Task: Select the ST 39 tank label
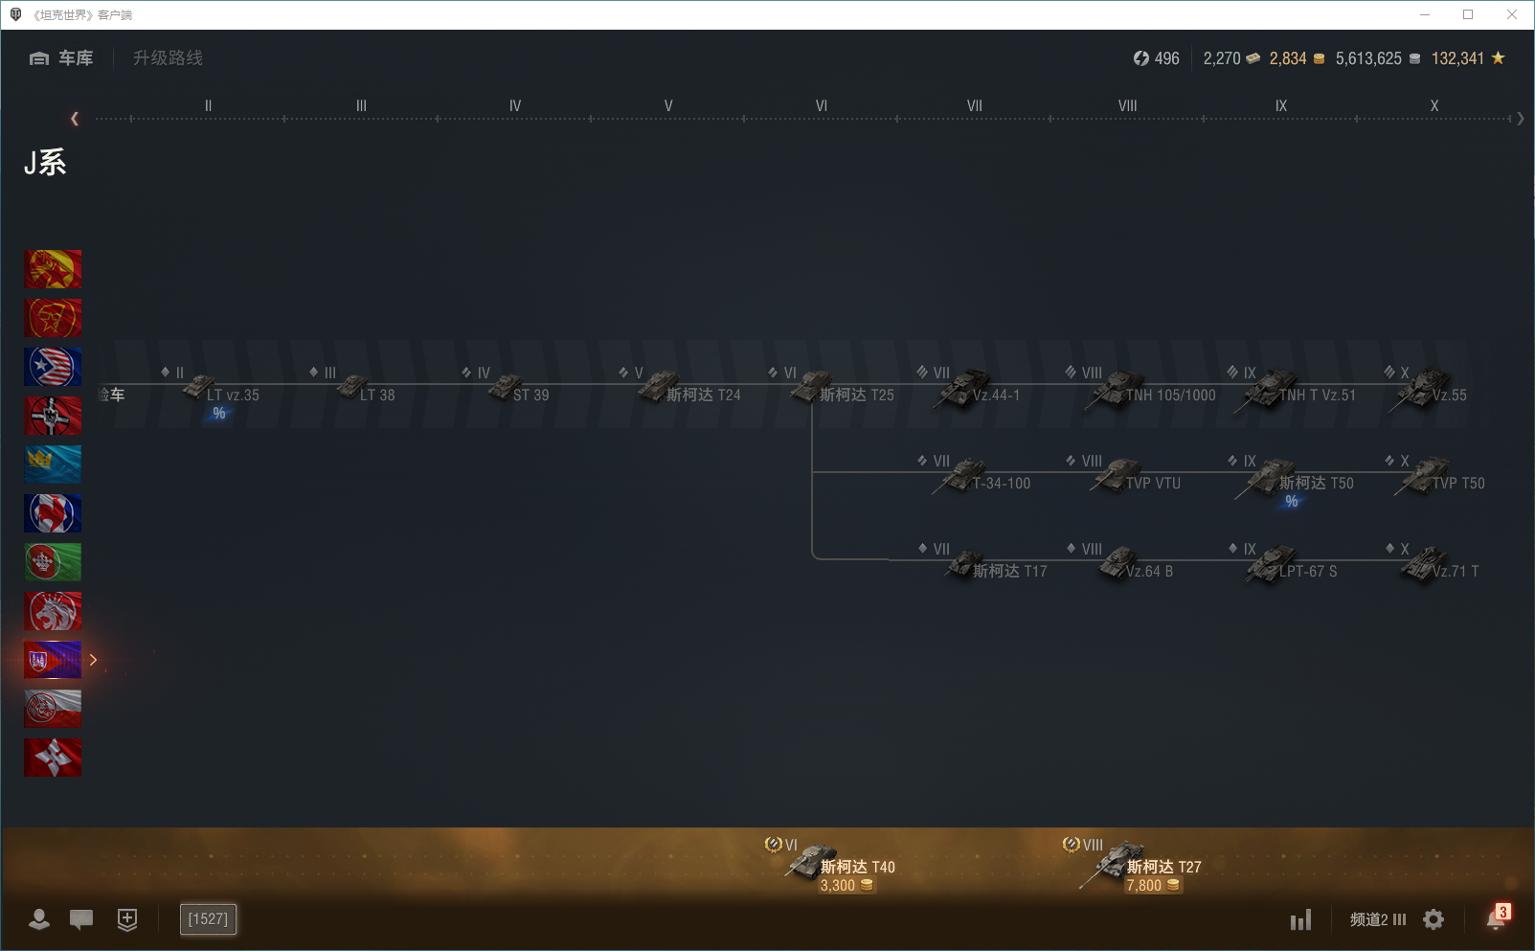pos(530,395)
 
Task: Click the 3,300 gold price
pos(838,886)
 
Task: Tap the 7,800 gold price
pos(1144,886)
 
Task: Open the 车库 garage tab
pos(62,58)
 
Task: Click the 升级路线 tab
pos(168,58)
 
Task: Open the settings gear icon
pos(1433,919)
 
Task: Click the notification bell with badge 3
pos(1496,918)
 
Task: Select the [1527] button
pos(208,919)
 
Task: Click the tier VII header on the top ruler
pos(974,106)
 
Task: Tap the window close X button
pos(1512,14)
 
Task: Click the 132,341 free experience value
pos(1457,58)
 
